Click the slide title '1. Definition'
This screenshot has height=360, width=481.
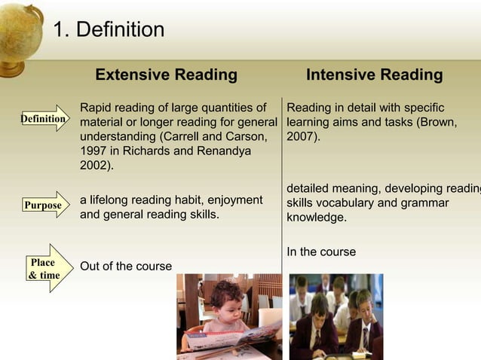pos(109,30)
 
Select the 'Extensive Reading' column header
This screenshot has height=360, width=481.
pos(166,75)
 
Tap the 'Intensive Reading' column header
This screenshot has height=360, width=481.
pos(374,75)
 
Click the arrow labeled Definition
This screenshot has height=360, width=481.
pos(44,119)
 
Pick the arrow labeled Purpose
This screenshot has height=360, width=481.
pos(44,205)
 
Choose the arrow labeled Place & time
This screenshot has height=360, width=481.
pos(44,268)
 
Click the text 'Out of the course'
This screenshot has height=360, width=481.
pos(126,266)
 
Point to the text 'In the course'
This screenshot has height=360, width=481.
pos(321,252)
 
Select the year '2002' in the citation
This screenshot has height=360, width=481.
pos(94,166)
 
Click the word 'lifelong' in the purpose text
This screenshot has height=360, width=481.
pos(114,200)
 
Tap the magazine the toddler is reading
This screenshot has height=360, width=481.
pos(234,334)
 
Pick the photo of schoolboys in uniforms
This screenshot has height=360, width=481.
pos(335,316)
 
